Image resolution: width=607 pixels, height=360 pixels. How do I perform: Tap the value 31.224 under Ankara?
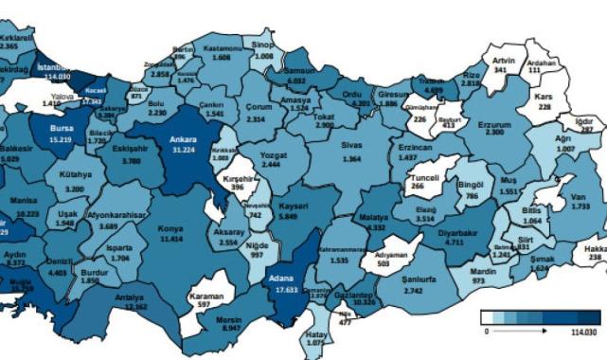click(182, 150)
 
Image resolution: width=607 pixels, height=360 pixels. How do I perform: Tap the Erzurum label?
click(495, 123)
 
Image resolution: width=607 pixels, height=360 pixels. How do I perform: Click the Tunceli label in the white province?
click(418, 176)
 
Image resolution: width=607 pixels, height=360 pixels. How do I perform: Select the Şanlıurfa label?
click(418, 253)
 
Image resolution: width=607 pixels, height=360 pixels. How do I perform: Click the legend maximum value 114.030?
click(584, 332)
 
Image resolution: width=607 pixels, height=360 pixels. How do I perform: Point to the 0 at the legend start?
click(486, 332)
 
